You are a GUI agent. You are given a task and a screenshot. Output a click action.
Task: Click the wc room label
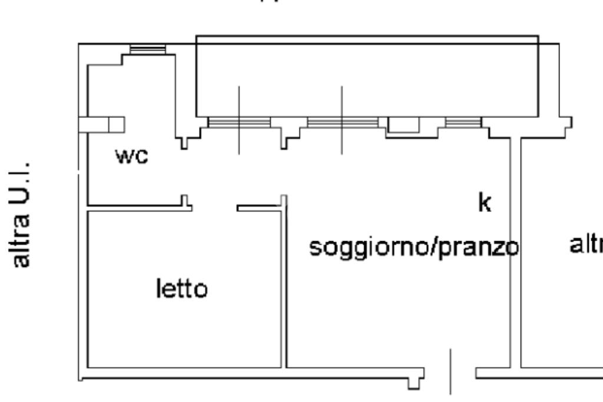tap(132, 157)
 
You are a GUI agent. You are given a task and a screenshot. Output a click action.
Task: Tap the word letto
tap(181, 289)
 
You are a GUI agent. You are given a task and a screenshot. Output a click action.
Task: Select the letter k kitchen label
tap(484, 202)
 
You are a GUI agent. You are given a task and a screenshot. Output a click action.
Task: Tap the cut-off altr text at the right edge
tap(586, 244)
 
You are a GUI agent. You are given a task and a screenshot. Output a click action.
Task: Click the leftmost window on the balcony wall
tap(239, 122)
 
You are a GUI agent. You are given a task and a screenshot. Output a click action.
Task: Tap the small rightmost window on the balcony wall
tap(463, 122)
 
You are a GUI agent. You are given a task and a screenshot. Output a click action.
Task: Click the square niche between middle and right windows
tap(403, 124)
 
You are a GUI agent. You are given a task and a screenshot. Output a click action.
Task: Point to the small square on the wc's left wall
tap(117, 124)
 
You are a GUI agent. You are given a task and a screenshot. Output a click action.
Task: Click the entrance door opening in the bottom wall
tap(450, 374)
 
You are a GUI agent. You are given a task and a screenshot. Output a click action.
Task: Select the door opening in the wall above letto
tap(214, 207)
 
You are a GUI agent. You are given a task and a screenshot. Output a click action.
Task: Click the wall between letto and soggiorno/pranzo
tap(284, 283)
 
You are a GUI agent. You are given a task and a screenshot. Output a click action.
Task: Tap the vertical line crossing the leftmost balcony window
tap(239, 100)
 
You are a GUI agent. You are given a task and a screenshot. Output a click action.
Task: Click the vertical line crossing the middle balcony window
tap(342, 100)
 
